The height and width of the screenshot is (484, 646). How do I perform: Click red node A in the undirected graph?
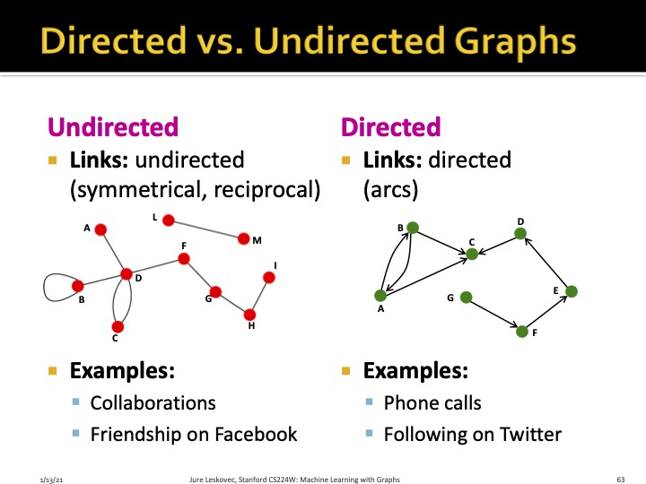click(x=100, y=229)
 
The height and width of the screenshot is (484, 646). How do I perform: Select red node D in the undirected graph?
click(x=127, y=274)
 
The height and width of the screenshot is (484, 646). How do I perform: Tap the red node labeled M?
click(x=243, y=238)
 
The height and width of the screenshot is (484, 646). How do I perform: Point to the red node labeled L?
click(x=168, y=220)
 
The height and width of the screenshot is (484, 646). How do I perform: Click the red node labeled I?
click(x=268, y=278)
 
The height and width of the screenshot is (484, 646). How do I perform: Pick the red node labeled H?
click(x=249, y=315)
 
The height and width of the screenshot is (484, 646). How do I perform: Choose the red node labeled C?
click(x=117, y=326)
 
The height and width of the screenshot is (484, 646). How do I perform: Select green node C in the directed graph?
click(x=472, y=255)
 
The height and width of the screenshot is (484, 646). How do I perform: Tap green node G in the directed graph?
click(x=465, y=297)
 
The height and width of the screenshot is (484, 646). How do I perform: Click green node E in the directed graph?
click(x=571, y=291)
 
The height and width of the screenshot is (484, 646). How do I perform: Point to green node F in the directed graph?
click(x=522, y=332)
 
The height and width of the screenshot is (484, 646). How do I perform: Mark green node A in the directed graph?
click(x=380, y=295)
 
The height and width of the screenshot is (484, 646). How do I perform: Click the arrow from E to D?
click(x=546, y=264)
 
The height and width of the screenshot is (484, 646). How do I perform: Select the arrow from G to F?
click(x=493, y=314)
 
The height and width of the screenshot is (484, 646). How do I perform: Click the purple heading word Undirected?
click(x=113, y=127)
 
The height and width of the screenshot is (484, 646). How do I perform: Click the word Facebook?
click(x=249, y=435)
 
